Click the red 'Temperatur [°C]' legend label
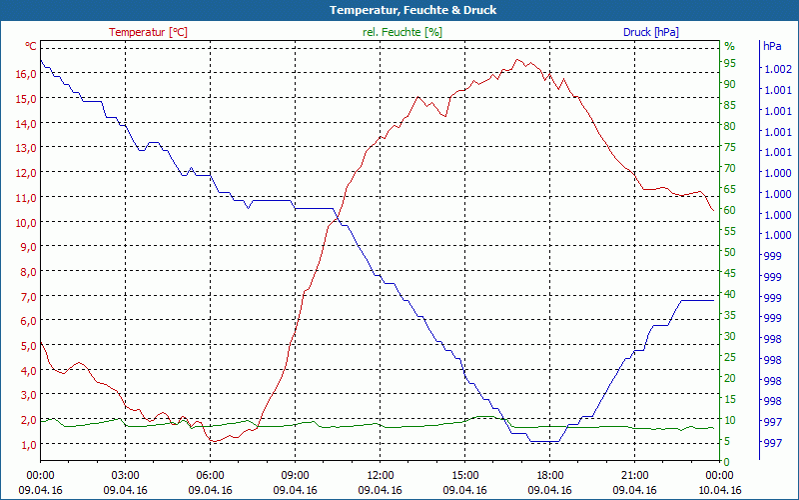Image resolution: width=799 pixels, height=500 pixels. pyautogui.click(x=148, y=32)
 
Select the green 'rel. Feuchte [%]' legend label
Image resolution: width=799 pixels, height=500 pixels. pyautogui.click(x=401, y=32)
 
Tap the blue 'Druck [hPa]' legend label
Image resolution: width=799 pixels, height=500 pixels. pyautogui.click(x=650, y=32)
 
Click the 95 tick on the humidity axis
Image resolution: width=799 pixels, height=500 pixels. pyautogui.click(x=730, y=62)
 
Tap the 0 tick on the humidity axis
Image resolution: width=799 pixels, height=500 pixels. pyautogui.click(x=727, y=461)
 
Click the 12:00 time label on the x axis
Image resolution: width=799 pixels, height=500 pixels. pyautogui.click(x=380, y=475)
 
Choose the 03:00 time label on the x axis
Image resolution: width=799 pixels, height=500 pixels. pyautogui.click(x=125, y=475)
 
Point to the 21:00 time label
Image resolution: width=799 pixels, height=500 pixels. pyautogui.click(x=634, y=475)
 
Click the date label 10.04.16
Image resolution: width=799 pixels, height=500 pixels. pyautogui.click(x=719, y=490)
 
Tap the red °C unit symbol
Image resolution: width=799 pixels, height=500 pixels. pyautogui.click(x=31, y=46)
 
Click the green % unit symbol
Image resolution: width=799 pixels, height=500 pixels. pyautogui.click(x=729, y=46)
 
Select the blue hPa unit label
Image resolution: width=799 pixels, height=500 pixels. pyautogui.click(x=772, y=46)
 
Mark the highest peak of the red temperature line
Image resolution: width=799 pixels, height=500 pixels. pyautogui.click(x=517, y=60)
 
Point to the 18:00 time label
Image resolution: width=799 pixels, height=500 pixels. pyautogui.click(x=549, y=475)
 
